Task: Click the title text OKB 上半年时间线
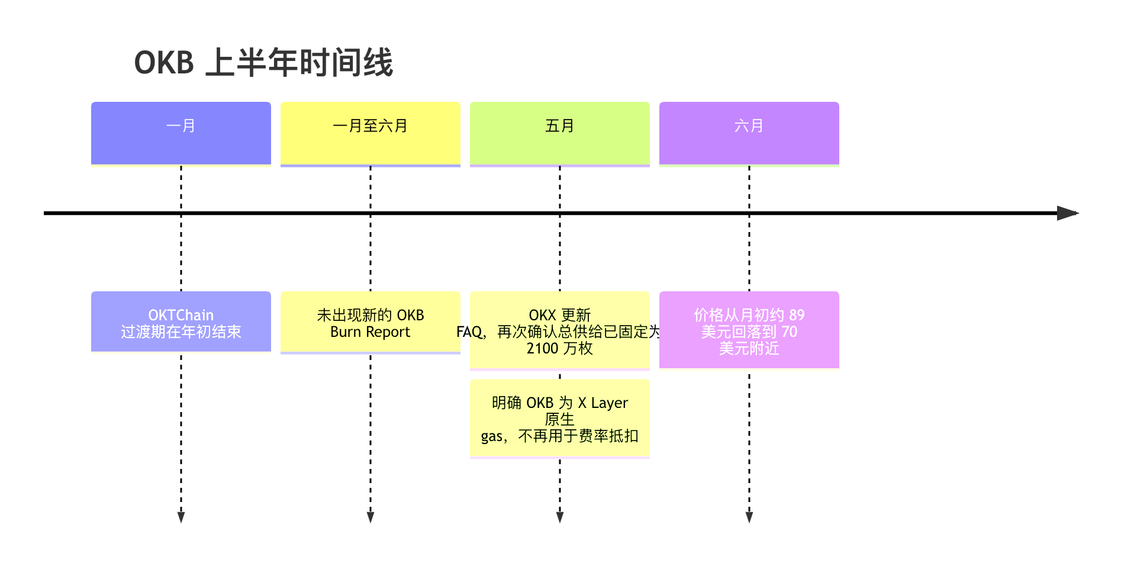[263, 63]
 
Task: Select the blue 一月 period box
[181, 134]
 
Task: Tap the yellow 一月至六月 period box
[371, 134]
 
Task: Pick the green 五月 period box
[560, 134]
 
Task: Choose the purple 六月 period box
[749, 134]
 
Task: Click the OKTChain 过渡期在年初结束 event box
[181, 321]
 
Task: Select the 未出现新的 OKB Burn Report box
[371, 322]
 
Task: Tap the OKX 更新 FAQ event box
[560, 330]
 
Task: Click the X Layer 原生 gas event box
[560, 419]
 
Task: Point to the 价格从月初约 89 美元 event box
[749, 330]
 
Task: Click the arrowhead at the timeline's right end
[1068, 213]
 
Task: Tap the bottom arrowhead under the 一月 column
[181, 517]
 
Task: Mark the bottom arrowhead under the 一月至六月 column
[371, 517]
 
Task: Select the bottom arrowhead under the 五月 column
[560, 517]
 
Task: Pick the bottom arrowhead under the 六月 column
[749, 517]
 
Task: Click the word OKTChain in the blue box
[181, 315]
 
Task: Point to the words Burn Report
[371, 332]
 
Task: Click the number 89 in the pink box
[797, 315]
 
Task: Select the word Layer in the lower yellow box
[610, 403]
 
